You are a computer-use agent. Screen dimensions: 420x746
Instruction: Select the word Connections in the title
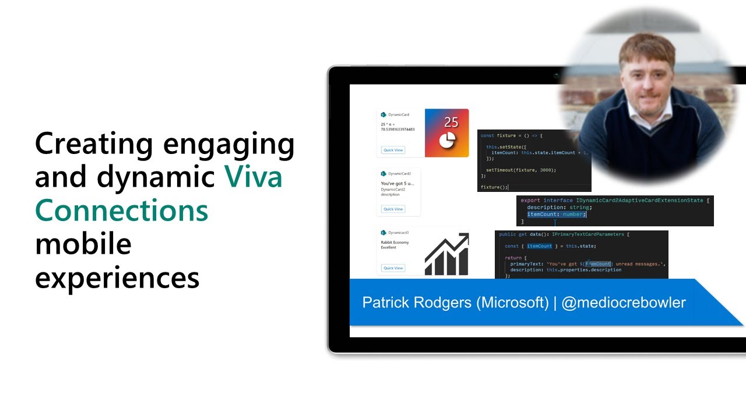tap(122, 211)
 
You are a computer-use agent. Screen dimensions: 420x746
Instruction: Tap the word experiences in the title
tap(117, 278)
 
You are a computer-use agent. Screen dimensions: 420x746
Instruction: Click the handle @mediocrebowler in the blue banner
tap(624, 303)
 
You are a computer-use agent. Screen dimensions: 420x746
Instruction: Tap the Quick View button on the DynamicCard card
tap(393, 150)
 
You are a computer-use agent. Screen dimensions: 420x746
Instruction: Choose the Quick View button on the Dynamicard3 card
tap(393, 268)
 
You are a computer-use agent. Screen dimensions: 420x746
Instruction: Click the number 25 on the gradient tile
tap(451, 123)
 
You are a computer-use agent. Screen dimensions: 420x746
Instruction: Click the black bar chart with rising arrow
tap(446, 254)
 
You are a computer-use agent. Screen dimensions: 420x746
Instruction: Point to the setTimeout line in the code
tap(520, 170)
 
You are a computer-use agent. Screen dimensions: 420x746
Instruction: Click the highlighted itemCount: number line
tap(556, 214)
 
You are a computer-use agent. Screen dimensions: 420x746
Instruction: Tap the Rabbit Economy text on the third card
tap(395, 242)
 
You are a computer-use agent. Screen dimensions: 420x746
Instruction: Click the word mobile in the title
tap(83, 244)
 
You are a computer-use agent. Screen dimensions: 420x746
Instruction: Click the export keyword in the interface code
tap(530, 200)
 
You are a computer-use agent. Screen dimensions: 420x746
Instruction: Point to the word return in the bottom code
tap(513, 257)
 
